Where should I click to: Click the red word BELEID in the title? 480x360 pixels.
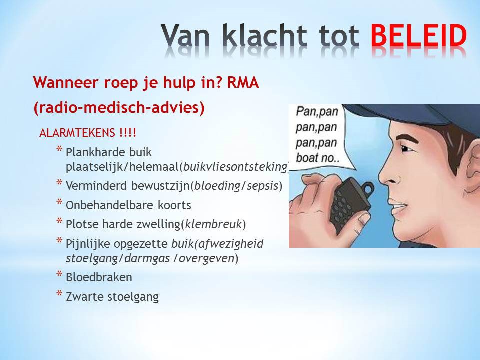click(419, 35)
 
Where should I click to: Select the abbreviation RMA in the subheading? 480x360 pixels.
click(243, 82)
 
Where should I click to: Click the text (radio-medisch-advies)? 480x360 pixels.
click(119, 108)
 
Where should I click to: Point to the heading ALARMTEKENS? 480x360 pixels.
click(77, 133)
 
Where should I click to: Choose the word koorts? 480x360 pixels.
click(174, 205)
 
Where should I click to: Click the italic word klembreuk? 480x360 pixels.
click(213, 224)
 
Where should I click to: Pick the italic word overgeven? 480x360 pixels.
click(206, 258)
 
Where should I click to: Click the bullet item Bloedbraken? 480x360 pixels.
click(99, 277)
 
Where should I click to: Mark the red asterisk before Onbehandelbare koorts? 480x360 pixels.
click(59, 202)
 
